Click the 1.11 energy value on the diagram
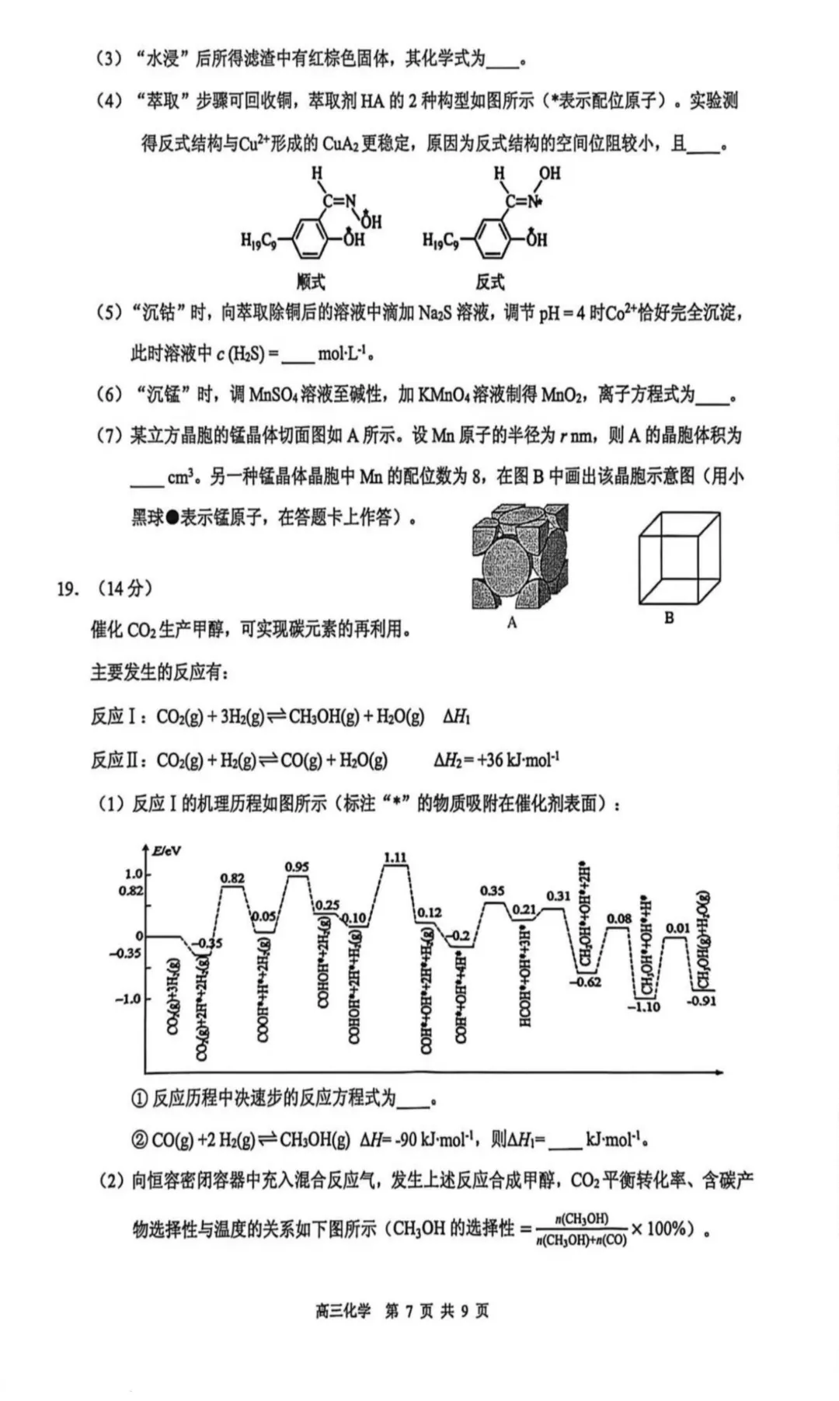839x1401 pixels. [x=395, y=857]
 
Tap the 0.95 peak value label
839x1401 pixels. [x=297, y=867]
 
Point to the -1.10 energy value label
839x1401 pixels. [x=644, y=1006]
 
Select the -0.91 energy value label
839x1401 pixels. [x=701, y=1000]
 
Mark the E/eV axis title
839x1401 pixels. [x=166, y=850]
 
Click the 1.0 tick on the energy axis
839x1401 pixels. [x=134, y=874]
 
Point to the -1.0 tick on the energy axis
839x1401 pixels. [x=128, y=999]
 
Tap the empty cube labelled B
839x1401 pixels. [x=679, y=558]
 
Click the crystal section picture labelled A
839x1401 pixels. [x=520, y=556]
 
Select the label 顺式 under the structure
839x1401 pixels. [x=310, y=281]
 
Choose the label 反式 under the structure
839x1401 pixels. [x=490, y=281]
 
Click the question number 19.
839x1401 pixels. [x=68, y=588]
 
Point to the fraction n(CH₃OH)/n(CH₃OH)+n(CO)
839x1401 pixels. [x=581, y=1229]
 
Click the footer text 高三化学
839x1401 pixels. [x=343, y=1311]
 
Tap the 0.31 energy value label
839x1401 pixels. [x=558, y=895]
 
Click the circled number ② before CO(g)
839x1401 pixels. [x=140, y=1140]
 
